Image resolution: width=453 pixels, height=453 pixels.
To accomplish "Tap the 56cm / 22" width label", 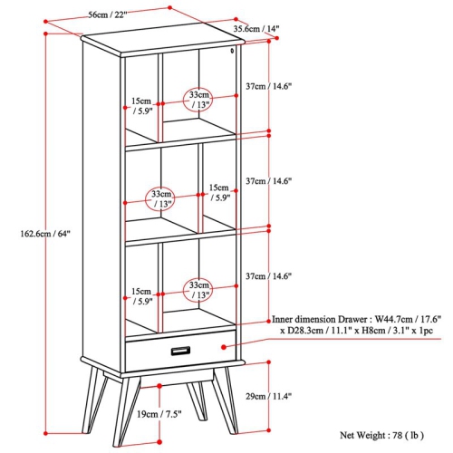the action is click(108, 14).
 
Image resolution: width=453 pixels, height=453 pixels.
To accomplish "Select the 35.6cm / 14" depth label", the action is click(256, 29).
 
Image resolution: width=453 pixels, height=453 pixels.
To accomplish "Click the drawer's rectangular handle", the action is click(180, 351).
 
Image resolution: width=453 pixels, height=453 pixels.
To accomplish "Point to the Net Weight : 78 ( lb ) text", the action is click(381, 435).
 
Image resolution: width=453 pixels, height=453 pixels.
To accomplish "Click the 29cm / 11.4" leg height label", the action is click(268, 396).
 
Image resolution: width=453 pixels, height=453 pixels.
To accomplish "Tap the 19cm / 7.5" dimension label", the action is click(159, 414).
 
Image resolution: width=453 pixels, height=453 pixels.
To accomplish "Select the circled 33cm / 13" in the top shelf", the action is click(198, 100).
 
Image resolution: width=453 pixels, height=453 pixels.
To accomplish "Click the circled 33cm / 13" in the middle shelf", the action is click(161, 198).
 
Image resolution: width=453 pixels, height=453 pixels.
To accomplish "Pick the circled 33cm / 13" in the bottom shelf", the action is click(198, 290).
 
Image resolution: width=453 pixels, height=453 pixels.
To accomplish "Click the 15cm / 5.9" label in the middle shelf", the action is click(219, 193).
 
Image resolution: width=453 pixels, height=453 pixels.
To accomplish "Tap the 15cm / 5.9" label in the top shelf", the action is click(141, 106).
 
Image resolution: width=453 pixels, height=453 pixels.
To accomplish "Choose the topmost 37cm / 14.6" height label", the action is click(268, 86).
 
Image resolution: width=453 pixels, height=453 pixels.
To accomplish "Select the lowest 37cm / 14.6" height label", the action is click(268, 276).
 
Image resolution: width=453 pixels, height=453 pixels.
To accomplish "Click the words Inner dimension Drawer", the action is click(320, 320).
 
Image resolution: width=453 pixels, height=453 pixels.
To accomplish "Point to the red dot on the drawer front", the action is click(224, 347).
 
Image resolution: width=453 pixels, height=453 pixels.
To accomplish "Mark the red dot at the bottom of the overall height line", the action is click(45, 433).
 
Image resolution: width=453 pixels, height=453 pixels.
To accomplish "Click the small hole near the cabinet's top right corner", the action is click(232, 51).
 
